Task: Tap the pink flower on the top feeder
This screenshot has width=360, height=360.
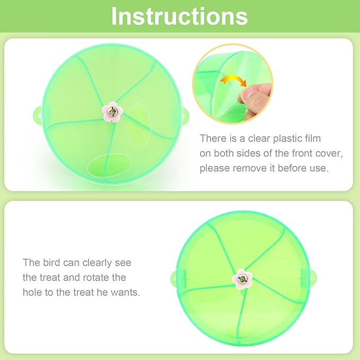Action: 112,112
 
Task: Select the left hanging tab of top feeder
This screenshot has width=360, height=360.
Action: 39,112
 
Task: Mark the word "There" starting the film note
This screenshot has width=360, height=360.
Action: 213,138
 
